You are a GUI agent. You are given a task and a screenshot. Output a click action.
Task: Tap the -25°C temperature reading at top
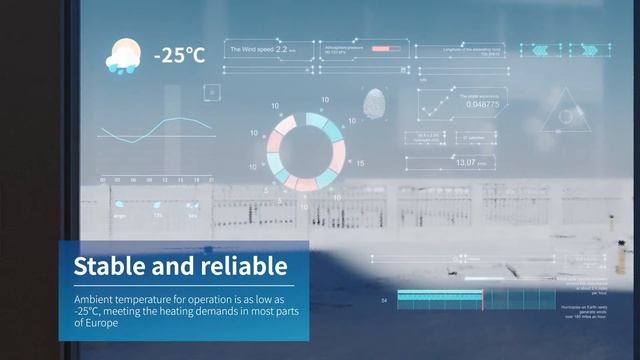179,56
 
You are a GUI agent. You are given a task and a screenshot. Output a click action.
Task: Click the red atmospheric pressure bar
380,48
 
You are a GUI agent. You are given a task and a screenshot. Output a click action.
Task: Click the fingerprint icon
377,101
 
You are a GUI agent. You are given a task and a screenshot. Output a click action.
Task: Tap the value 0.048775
482,104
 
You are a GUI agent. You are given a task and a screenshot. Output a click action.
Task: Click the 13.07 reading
466,161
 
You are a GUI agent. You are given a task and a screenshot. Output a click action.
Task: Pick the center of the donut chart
311,152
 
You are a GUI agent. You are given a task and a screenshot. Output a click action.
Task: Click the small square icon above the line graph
211,92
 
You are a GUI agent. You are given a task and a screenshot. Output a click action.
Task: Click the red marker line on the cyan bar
483,299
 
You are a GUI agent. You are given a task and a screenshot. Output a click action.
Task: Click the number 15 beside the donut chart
360,163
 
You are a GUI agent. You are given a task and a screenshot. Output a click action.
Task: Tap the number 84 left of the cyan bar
385,299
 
